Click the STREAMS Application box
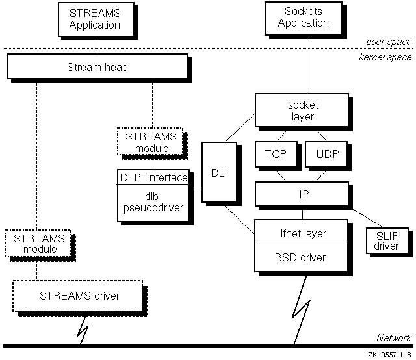tap(95, 19)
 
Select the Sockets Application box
tap(303, 18)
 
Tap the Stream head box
tap(97, 66)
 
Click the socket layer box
tap(303, 110)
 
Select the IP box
tap(303, 194)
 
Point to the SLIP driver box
tap(386, 241)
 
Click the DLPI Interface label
tap(153, 177)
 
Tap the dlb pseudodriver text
tap(153, 201)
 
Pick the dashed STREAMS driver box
tap(89, 296)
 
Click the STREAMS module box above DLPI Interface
tap(147, 142)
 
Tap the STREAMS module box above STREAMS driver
tap(36, 244)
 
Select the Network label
tap(394, 337)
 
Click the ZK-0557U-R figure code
tap(389, 355)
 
